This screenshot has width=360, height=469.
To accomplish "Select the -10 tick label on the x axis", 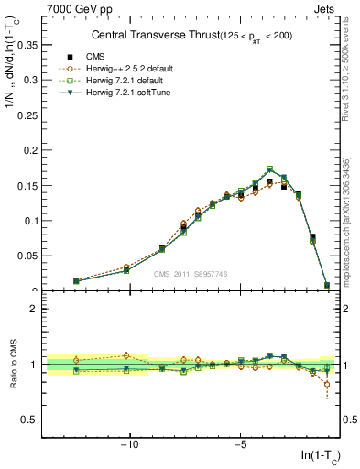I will (x=130, y=445).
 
